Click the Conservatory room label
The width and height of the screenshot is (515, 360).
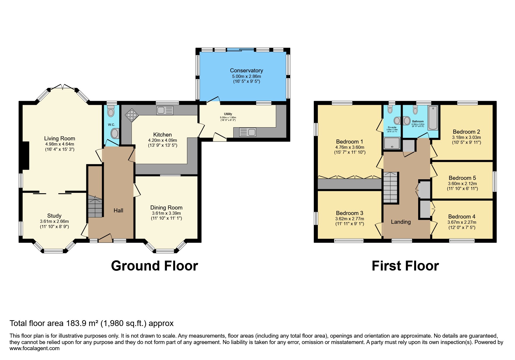pyautogui.click(x=246, y=70)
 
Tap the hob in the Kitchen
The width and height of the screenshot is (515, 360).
pyautogui.click(x=131, y=115)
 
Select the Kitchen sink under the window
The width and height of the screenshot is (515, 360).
pyautogui.click(x=165, y=110)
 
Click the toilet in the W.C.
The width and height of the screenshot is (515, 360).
pyautogui.click(x=111, y=111)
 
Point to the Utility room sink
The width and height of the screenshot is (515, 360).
pyautogui.click(x=247, y=132)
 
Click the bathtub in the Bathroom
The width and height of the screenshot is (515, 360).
pyautogui.click(x=433, y=118)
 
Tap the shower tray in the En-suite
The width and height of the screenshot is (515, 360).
pyautogui.click(x=392, y=143)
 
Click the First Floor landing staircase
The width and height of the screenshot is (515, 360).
pyautogui.click(x=390, y=187)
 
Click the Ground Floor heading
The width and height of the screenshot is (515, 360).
pyautogui.click(x=154, y=266)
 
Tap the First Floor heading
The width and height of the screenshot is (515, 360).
pyautogui.click(x=405, y=266)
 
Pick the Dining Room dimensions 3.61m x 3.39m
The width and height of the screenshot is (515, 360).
pyautogui.click(x=166, y=213)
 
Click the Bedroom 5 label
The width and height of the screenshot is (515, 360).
pyautogui.click(x=462, y=178)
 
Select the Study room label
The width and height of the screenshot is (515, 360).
pyautogui.click(x=54, y=216)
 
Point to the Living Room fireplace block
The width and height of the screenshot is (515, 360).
pyautogui.click(x=26, y=155)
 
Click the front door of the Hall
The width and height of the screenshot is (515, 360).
pyautogui.click(x=105, y=238)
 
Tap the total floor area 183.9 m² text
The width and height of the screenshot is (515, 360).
pyautogui.click(x=92, y=323)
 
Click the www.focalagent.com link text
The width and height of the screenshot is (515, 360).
pyautogui.click(x=35, y=348)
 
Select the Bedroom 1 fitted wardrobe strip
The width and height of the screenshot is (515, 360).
pyautogui.click(x=349, y=184)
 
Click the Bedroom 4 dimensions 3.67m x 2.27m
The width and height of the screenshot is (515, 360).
pyautogui.click(x=462, y=222)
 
